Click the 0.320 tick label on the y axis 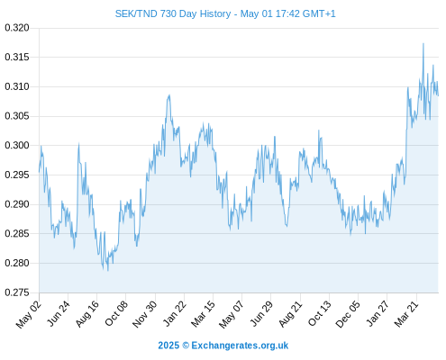(x=17, y=28)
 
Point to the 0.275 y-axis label (x=17, y=292)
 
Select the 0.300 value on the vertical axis (x=17, y=146)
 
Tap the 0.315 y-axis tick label (x=17, y=57)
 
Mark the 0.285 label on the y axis (x=17, y=233)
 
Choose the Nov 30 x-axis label (x=145, y=314)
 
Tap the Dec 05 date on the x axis (x=348, y=314)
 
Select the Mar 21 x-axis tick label (x=406, y=314)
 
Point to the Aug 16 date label (x=87, y=314)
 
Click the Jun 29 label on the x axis (x=261, y=314)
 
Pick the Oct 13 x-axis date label (x=319, y=314)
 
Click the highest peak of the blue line (x=423, y=43)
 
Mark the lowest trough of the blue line (x=108, y=271)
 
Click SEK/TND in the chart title (x=136, y=13)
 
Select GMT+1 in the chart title (x=319, y=13)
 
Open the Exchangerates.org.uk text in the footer (x=240, y=346)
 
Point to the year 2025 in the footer (x=168, y=346)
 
